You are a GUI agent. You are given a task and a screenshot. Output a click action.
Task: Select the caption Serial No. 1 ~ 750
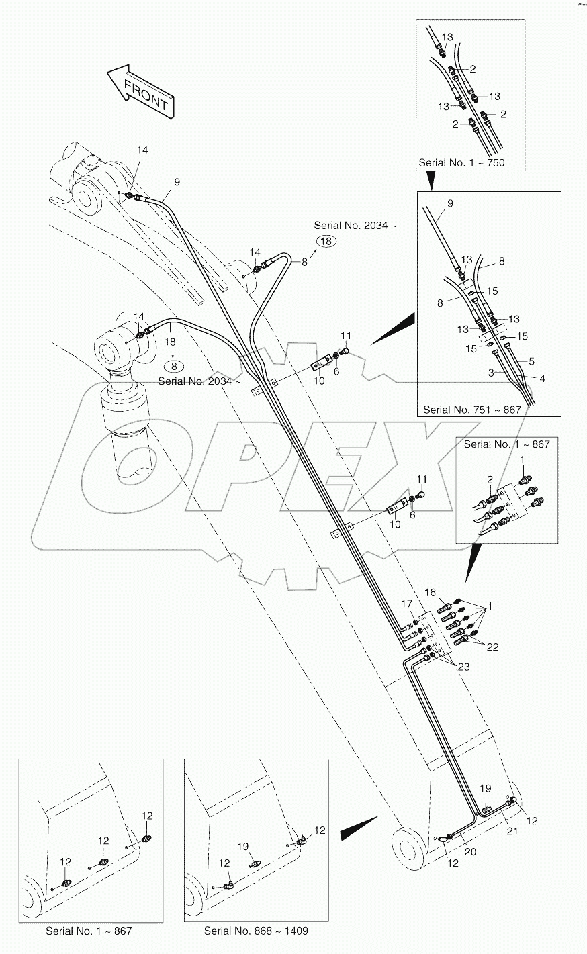(x=461, y=162)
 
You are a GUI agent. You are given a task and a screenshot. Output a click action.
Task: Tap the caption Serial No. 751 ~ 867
(x=471, y=409)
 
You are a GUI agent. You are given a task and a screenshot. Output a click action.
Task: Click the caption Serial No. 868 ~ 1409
(x=257, y=931)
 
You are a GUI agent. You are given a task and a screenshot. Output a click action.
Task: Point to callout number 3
(x=492, y=371)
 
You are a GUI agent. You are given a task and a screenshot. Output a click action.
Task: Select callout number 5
(x=531, y=361)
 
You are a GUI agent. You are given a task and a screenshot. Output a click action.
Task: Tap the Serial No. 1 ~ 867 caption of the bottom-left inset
(x=89, y=931)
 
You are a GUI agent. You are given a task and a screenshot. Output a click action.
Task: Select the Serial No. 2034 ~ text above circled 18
(x=355, y=226)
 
